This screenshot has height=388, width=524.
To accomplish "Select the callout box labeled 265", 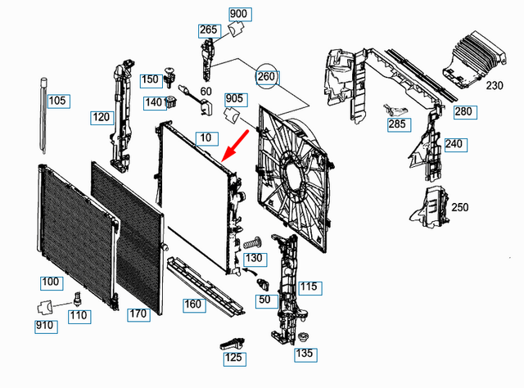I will [x=209, y=31].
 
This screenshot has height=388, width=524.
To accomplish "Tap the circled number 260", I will [x=267, y=77].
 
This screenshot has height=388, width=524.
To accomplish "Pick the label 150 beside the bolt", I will [x=150, y=80].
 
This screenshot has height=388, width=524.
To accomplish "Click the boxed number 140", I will [x=153, y=102].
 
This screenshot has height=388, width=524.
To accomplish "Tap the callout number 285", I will [x=397, y=124].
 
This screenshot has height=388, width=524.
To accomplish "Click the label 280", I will [x=463, y=111].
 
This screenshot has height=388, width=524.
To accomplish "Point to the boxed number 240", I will [x=454, y=144].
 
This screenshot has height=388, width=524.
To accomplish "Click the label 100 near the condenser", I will [x=51, y=282].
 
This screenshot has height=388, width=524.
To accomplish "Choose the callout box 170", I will [x=138, y=314].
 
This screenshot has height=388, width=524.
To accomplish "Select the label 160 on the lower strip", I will [x=192, y=305].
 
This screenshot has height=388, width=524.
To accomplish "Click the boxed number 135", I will [x=304, y=354].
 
